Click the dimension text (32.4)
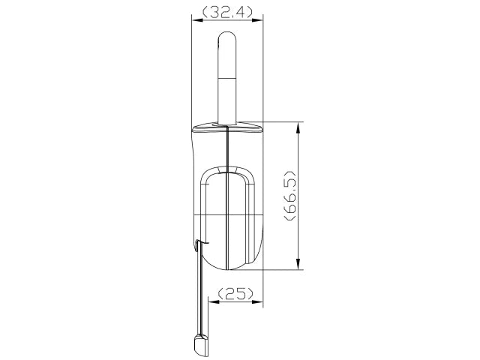227,12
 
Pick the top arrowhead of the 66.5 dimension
299,127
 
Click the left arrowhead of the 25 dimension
211,303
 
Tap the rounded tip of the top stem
227,35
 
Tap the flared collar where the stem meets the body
227,125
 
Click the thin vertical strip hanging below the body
201,292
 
